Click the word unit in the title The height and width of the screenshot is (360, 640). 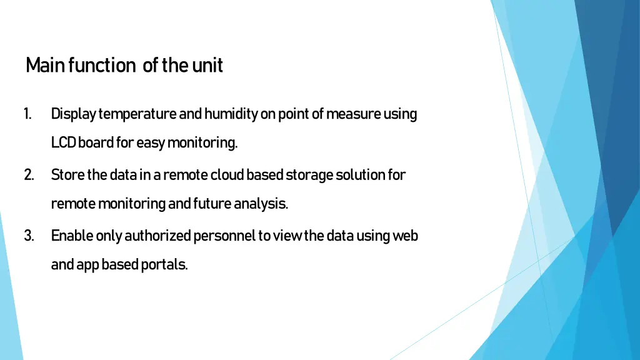click(x=207, y=65)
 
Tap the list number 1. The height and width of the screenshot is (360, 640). click(x=28, y=114)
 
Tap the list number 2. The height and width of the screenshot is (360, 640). click(x=29, y=175)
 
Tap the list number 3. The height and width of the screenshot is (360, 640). click(x=29, y=236)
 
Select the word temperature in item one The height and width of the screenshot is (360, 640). click(x=137, y=114)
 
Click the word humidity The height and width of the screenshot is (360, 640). click(x=231, y=114)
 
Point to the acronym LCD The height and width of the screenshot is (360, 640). click(x=64, y=143)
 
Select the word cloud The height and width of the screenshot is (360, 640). click(x=227, y=175)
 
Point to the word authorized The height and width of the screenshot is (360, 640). click(x=158, y=236)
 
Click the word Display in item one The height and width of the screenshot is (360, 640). click(x=73, y=114)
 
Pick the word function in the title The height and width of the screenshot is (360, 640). click(x=102, y=65)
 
